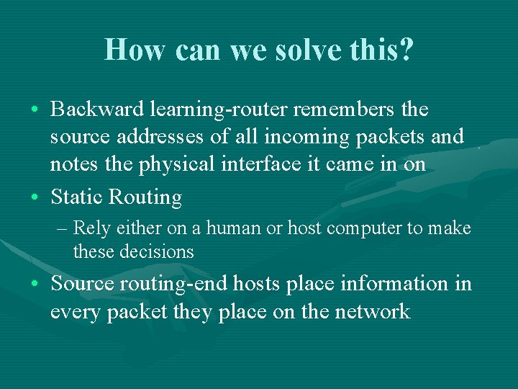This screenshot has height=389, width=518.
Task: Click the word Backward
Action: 98,109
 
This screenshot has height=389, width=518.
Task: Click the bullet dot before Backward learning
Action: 35,110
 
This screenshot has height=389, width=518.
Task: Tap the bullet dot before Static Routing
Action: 35,197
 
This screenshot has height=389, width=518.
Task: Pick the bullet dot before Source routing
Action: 35,285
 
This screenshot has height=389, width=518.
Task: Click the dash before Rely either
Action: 62,229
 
